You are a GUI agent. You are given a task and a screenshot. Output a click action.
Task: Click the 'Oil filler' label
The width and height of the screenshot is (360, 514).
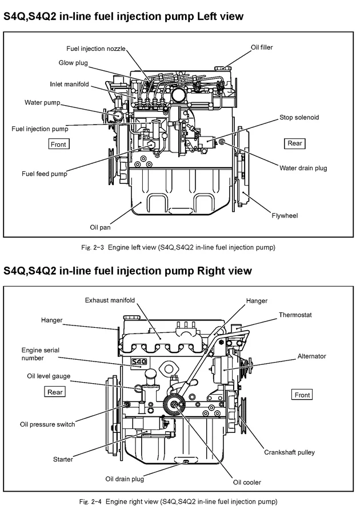[x=262, y=47]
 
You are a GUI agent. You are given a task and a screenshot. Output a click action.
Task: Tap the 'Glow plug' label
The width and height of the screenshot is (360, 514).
[x=73, y=63]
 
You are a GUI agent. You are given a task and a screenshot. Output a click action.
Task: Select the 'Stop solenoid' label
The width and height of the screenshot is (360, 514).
[x=299, y=117]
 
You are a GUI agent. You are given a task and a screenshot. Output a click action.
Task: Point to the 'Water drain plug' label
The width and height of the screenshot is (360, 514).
[x=303, y=168]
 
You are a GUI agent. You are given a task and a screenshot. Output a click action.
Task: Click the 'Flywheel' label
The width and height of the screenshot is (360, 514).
[x=285, y=215]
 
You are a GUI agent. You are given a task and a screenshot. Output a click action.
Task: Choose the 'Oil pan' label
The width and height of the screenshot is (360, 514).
[x=100, y=227]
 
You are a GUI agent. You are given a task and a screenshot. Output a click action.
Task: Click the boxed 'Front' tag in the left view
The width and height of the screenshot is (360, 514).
[x=58, y=144]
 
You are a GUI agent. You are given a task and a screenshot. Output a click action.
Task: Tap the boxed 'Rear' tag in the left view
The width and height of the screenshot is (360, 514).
[x=294, y=143]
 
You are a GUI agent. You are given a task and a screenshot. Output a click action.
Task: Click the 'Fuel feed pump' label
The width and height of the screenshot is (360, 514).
[x=44, y=174]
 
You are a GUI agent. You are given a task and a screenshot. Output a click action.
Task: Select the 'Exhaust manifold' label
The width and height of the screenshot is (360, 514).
[x=110, y=300]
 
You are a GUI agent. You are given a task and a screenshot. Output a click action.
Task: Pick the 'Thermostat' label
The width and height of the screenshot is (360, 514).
[x=295, y=315]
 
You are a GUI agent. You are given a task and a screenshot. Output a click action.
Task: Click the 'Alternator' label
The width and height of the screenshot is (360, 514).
[x=311, y=356]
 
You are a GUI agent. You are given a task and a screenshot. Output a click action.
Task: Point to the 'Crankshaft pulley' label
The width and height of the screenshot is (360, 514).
[x=289, y=452]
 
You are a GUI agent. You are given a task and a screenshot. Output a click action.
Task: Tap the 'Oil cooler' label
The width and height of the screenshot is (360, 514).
[x=247, y=483]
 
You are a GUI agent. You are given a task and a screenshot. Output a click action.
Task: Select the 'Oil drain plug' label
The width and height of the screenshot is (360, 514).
[x=125, y=479]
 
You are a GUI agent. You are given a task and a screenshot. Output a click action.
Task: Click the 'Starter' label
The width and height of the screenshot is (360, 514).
[x=63, y=459]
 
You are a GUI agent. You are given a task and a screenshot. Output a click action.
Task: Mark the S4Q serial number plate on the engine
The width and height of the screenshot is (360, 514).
[x=139, y=362]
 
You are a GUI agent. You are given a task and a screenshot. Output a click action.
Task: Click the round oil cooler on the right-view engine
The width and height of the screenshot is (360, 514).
[x=174, y=404]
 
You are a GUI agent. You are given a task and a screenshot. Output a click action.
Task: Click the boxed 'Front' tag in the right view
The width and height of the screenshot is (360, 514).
[x=302, y=395]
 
